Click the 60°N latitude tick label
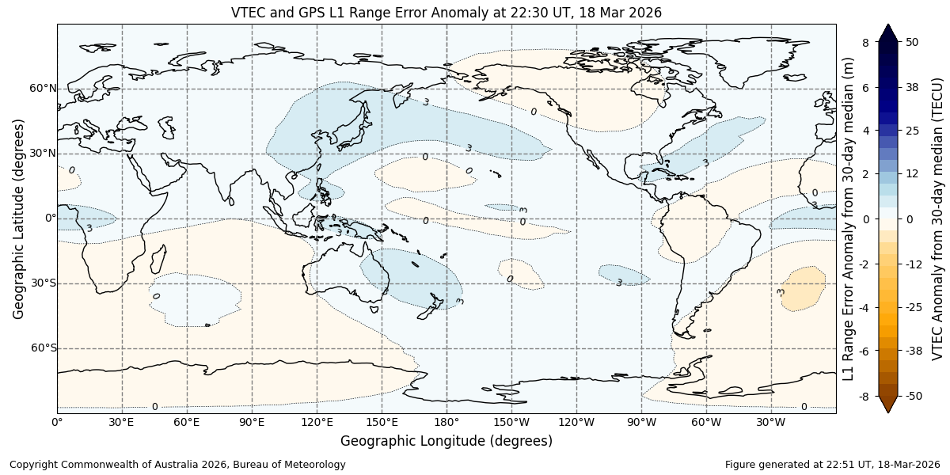point(44,89)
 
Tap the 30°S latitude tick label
point(44,283)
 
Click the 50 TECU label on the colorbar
point(912,42)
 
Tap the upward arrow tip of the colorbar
point(888,26)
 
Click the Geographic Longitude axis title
point(446,441)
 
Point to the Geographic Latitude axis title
point(19,218)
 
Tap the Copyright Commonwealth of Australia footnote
point(177,465)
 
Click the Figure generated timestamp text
point(832,465)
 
